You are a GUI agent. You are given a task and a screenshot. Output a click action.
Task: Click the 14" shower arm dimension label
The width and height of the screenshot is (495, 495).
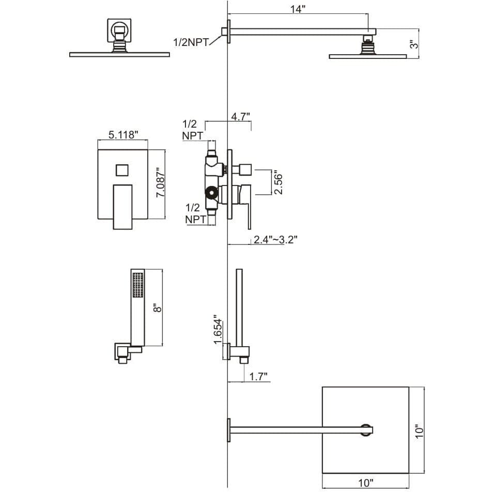tap(298, 9)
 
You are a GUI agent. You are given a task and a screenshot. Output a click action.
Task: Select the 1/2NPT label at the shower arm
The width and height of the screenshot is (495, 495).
tap(191, 42)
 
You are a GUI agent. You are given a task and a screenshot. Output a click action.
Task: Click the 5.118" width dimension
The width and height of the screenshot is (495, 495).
tap(123, 135)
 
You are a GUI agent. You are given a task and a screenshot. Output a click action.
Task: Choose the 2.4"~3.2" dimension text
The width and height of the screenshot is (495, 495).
tap(275, 239)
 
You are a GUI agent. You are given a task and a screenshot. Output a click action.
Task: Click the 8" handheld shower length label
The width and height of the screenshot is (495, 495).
tap(158, 307)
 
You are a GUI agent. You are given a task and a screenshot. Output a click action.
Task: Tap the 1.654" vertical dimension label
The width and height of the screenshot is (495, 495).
tap(218, 329)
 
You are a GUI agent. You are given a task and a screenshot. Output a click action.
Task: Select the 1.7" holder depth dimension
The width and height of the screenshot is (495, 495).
tap(257, 377)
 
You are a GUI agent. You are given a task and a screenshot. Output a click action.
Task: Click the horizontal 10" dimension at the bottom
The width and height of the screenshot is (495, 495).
tap(365, 483)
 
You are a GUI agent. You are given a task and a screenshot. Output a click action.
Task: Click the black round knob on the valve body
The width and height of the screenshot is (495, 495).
tap(211, 194)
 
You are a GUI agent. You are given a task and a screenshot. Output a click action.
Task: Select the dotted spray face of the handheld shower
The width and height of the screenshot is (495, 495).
tap(137, 285)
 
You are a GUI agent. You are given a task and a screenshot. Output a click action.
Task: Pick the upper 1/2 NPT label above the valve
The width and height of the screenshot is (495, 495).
tap(192, 130)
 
